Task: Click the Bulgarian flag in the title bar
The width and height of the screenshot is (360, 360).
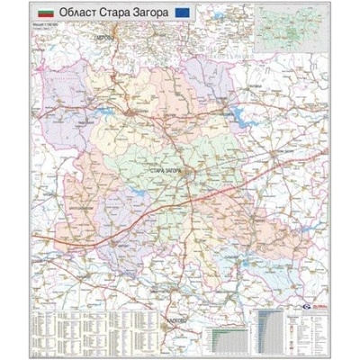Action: pos(43,14)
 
